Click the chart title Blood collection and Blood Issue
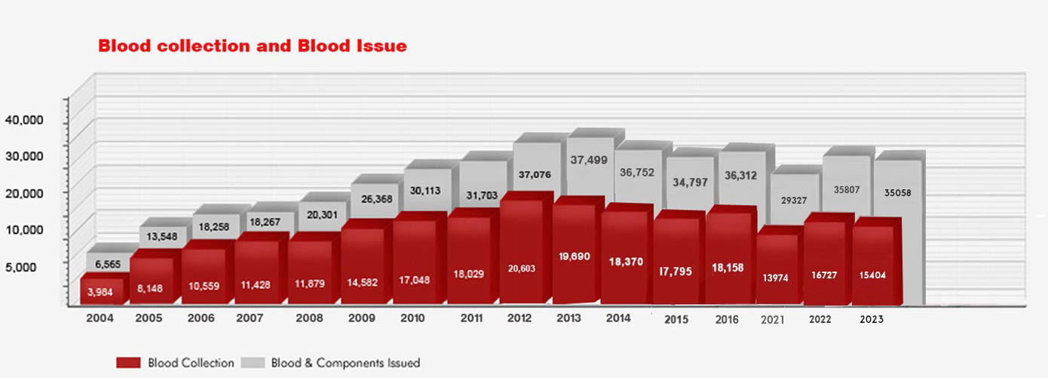(253, 46)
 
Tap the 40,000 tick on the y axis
(24, 120)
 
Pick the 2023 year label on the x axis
(871, 319)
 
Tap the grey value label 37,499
(589, 160)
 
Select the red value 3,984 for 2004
(101, 292)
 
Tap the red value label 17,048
(415, 280)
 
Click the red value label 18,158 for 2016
(728, 268)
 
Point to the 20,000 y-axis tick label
(24, 192)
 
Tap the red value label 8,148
(152, 287)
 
